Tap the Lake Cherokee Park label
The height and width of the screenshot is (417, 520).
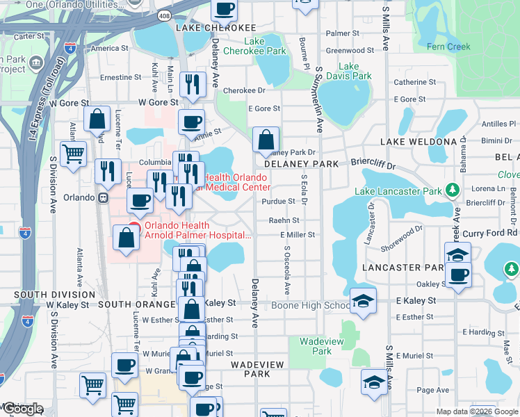[x=265, y=47]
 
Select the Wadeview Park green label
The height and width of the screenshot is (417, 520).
[x=316, y=346]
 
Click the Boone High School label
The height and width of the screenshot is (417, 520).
[x=310, y=305]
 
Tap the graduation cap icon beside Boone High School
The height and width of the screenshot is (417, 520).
[x=362, y=300]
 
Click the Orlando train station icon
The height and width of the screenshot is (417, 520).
[x=103, y=197]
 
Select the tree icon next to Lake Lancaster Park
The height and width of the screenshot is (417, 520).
[x=453, y=189]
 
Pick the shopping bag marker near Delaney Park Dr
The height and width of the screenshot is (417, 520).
[x=266, y=140]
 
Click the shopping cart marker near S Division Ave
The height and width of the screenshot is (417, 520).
[x=73, y=154]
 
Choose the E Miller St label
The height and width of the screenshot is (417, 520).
[x=298, y=235]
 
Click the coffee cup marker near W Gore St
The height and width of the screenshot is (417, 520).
[x=191, y=122]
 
